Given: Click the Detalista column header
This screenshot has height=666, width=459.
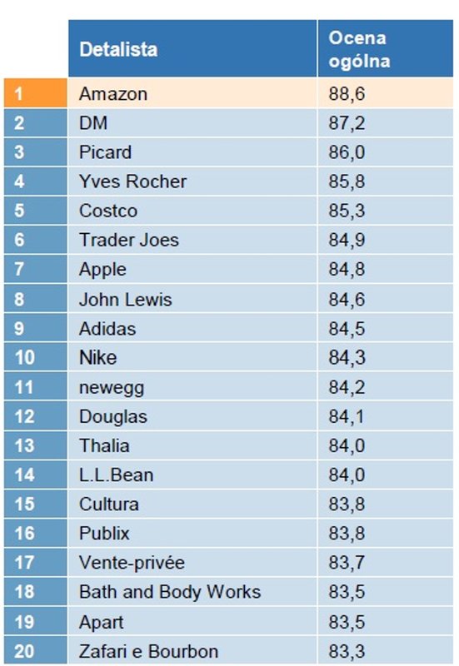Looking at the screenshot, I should click(x=118, y=50).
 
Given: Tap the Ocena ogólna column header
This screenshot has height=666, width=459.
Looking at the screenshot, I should click(x=359, y=49).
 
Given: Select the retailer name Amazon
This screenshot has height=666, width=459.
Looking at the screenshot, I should click(x=113, y=94).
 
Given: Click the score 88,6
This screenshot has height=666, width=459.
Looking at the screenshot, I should click(x=347, y=94).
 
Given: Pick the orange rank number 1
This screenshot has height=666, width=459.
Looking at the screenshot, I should click(x=20, y=94).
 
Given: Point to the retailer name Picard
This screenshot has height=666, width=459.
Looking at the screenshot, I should click(x=105, y=152).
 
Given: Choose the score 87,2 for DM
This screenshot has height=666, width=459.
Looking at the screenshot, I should click(x=347, y=123).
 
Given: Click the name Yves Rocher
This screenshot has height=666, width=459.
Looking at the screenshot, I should click(x=132, y=181).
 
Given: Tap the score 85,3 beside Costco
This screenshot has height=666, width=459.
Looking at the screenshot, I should click(x=347, y=211).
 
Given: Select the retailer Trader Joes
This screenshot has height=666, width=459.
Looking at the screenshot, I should click(x=129, y=241).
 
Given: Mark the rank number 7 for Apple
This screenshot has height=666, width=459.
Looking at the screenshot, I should click(x=20, y=270).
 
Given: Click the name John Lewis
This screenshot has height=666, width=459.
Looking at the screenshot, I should click(x=125, y=299).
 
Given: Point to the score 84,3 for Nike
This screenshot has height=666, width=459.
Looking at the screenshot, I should click(x=347, y=358).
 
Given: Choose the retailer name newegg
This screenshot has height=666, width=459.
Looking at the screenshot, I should click(x=107, y=387).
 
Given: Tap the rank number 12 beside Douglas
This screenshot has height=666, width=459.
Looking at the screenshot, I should click(x=24, y=416).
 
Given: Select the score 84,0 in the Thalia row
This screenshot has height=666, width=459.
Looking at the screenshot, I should click(x=347, y=445).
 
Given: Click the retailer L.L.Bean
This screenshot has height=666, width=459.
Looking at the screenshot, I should click(x=116, y=475).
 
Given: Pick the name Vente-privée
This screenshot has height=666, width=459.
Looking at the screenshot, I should click(x=132, y=563).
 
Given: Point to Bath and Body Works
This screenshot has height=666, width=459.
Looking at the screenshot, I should click(x=170, y=592).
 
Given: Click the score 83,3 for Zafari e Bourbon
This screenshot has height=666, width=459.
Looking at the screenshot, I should click(x=347, y=651).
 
